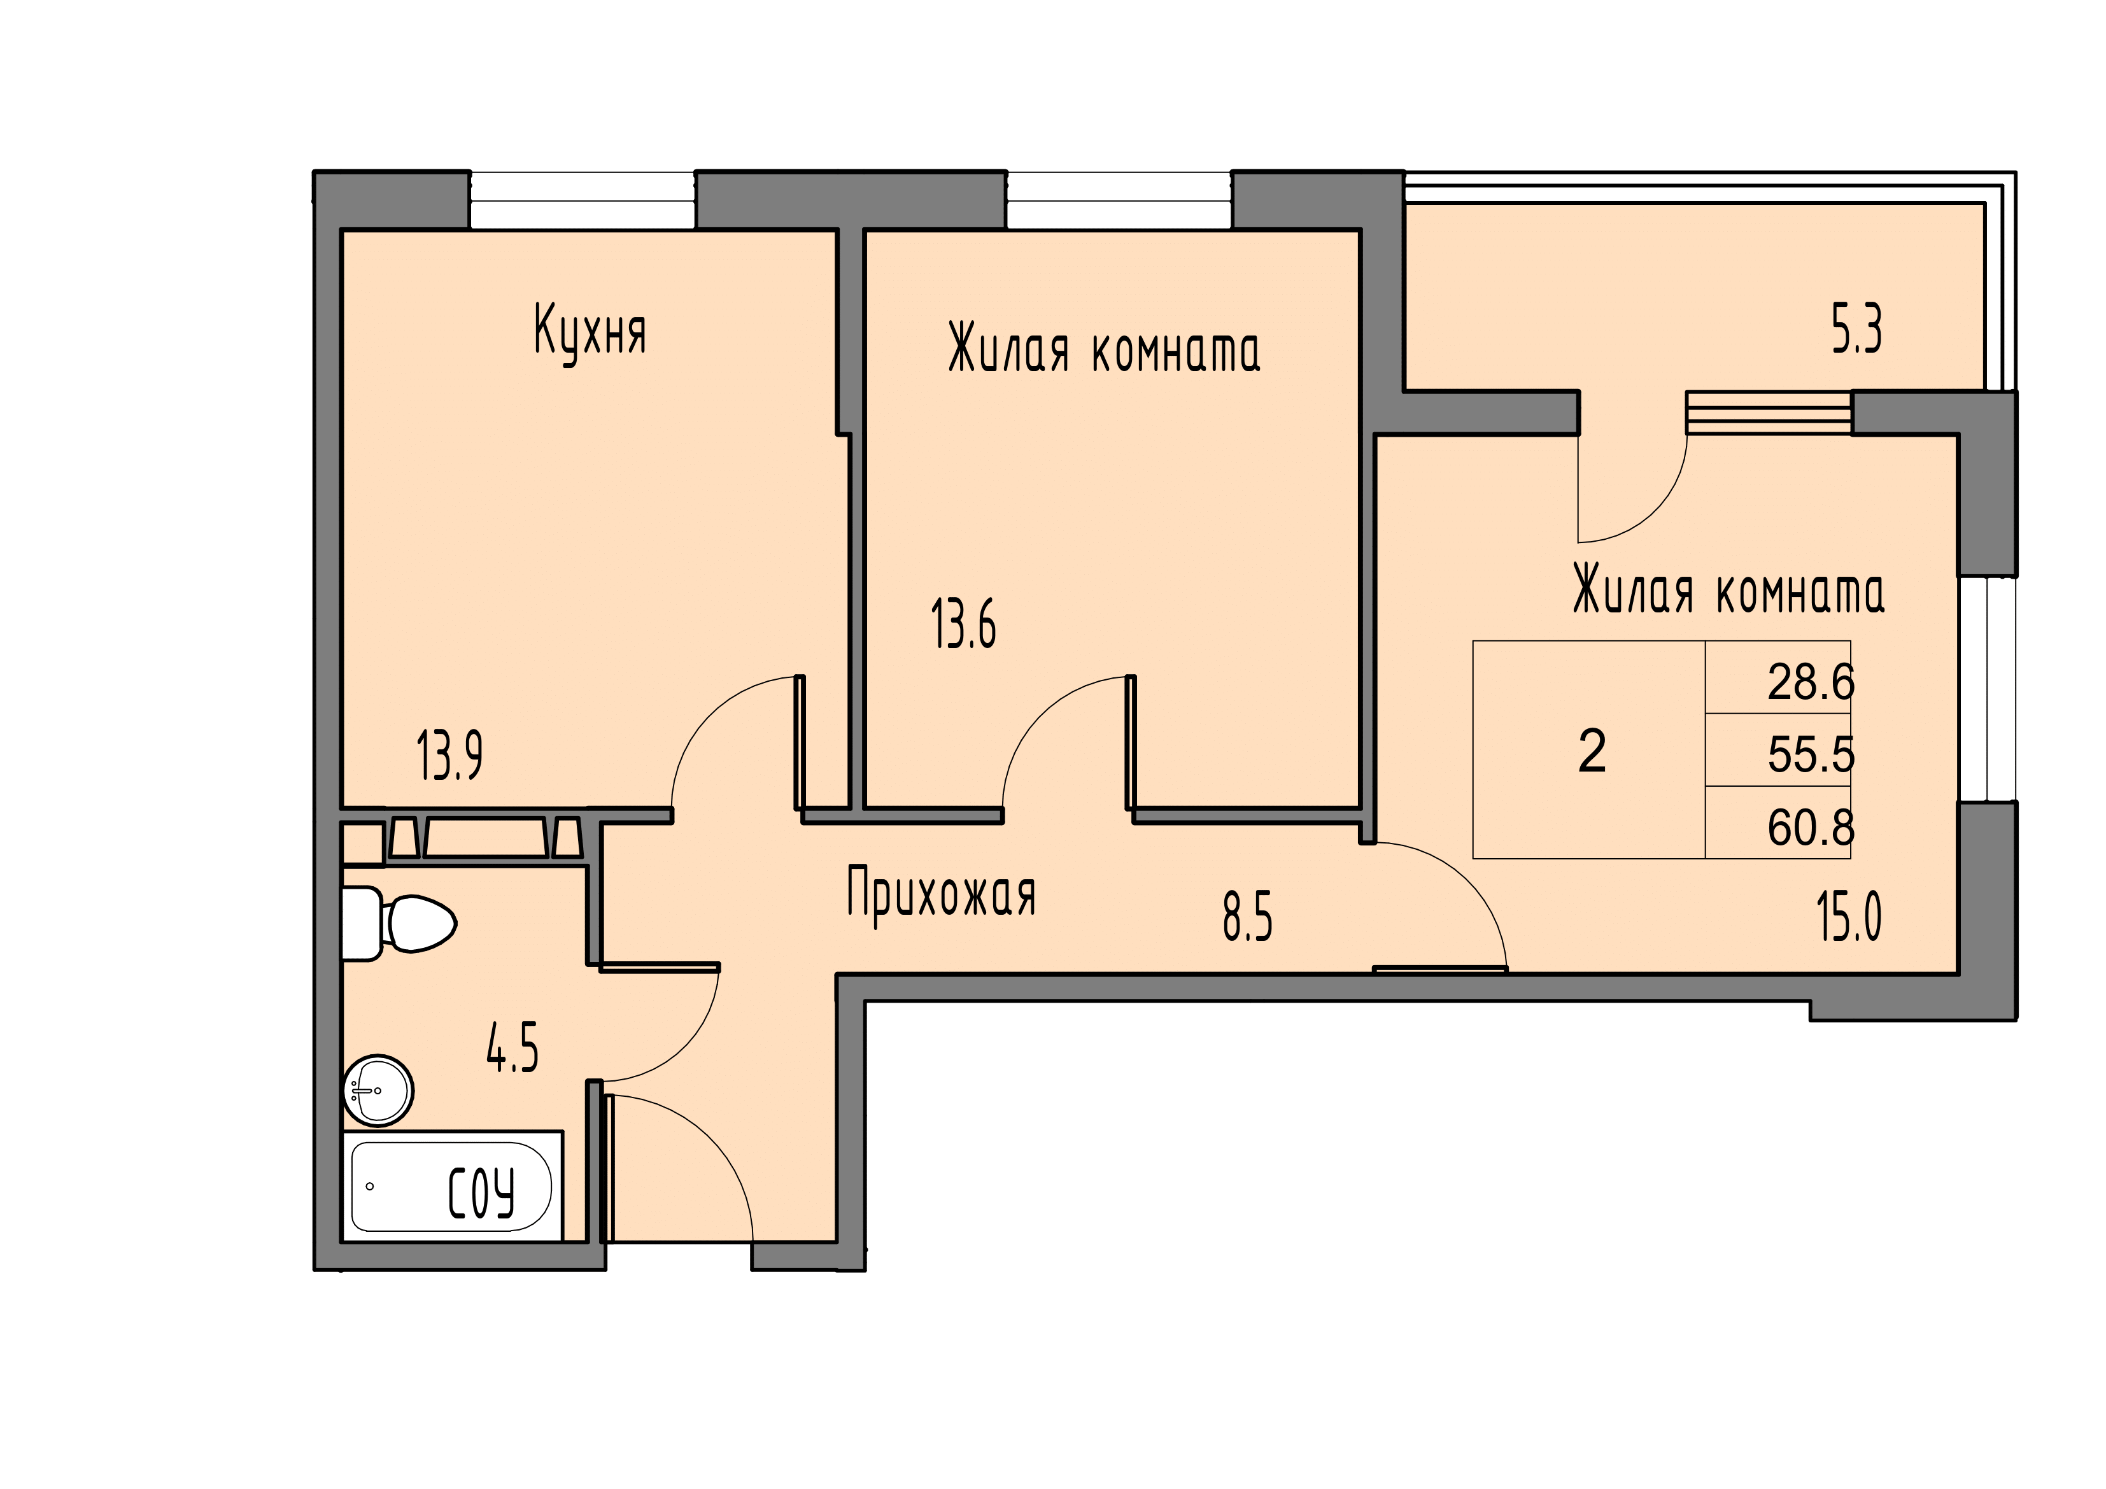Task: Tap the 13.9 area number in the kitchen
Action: pyautogui.click(x=449, y=755)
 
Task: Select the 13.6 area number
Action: pyautogui.click(x=964, y=624)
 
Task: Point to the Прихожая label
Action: pyautogui.click(x=941, y=894)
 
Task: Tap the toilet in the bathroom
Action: pyautogui.click(x=399, y=923)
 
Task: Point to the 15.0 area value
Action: pyautogui.click(x=1849, y=917)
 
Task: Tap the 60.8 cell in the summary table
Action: pyautogui.click(x=1811, y=826)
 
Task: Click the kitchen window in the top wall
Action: pyautogui.click(x=583, y=200)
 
